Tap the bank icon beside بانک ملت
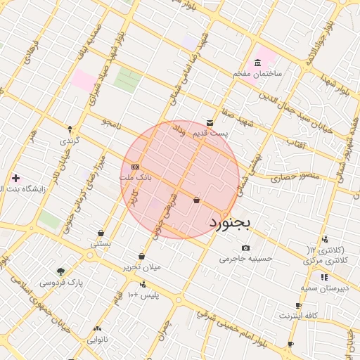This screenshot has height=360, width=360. tap(134, 166)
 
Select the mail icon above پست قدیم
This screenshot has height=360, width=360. tap(210, 122)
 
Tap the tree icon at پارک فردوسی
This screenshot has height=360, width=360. tap(60, 271)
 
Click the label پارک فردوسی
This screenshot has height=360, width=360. tap(60, 283)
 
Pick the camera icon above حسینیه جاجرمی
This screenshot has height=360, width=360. tap(245, 247)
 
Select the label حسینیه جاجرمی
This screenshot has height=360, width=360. tap(245, 259)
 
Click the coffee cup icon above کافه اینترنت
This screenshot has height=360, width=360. tap(298, 305)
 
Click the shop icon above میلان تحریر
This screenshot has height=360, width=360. tap(142, 256)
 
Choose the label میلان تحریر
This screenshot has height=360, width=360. tap(142, 267)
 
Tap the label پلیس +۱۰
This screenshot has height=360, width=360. tap(145, 295)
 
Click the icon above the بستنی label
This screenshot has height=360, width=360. tap(101, 233)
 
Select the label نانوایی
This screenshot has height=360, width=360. tap(97, 340)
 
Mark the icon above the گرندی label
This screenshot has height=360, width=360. tap(70, 129)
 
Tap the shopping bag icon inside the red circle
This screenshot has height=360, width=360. tap(195, 200)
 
